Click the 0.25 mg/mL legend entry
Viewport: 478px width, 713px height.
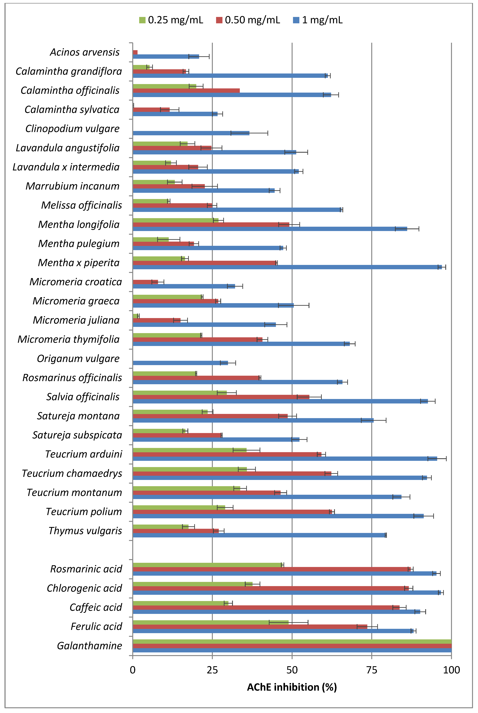coord(171,20)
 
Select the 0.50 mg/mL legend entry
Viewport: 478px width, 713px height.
coord(248,20)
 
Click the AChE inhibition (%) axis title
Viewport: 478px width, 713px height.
coord(292,687)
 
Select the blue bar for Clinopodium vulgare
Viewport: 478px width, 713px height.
coord(191,133)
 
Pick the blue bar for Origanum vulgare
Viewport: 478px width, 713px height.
coord(180,363)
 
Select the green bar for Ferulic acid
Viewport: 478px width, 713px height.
coord(211,622)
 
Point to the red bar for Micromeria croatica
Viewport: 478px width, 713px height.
coord(145,282)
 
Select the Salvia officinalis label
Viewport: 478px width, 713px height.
coord(83,397)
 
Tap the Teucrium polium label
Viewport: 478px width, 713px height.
coord(84,512)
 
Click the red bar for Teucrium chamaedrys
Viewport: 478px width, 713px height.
coord(232,474)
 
